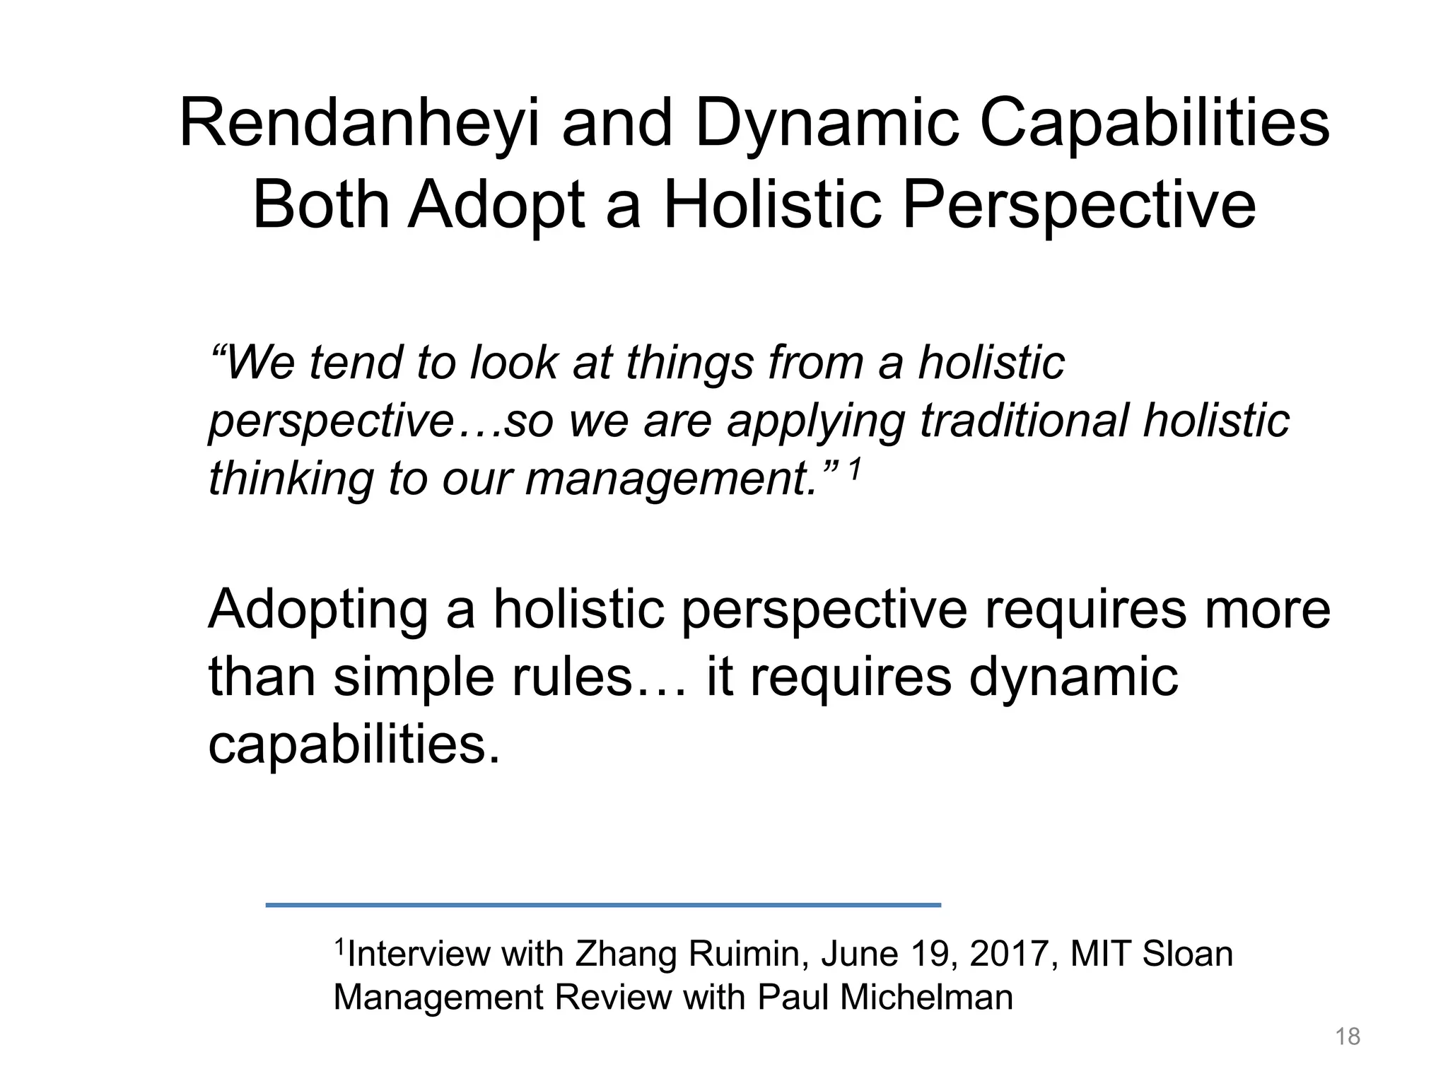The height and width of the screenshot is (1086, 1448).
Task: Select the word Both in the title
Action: pyautogui.click(x=321, y=206)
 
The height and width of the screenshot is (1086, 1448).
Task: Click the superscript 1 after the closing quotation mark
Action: pyautogui.click(x=855, y=469)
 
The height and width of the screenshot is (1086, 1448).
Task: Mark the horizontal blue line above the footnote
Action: pyautogui.click(x=603, y=905)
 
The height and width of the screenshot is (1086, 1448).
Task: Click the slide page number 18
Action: pyautogui.click(x=1348, y=1037)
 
